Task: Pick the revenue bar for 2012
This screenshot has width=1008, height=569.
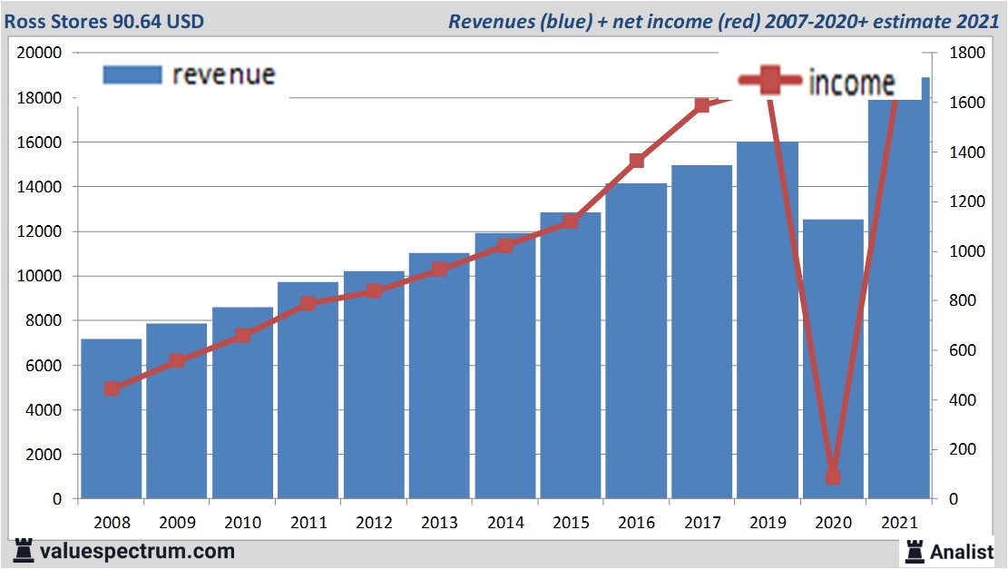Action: pos(374,385)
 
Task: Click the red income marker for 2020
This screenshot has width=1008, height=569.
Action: pos(833,476)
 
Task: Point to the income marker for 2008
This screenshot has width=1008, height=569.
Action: pos(112,388)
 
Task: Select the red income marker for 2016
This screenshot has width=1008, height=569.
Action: pos(636,161)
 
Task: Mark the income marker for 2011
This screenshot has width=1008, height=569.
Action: pos(308,303)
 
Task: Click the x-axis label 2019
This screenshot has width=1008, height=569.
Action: pos(768,523)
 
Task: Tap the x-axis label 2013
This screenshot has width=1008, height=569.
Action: pos(439,523)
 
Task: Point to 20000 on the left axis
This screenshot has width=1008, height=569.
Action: pos(40,53)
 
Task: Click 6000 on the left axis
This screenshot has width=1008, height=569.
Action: pos(44,366)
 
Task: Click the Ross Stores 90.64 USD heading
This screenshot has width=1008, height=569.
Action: pos(104,20)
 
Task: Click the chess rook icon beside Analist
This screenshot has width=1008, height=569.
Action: pos(914,551)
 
